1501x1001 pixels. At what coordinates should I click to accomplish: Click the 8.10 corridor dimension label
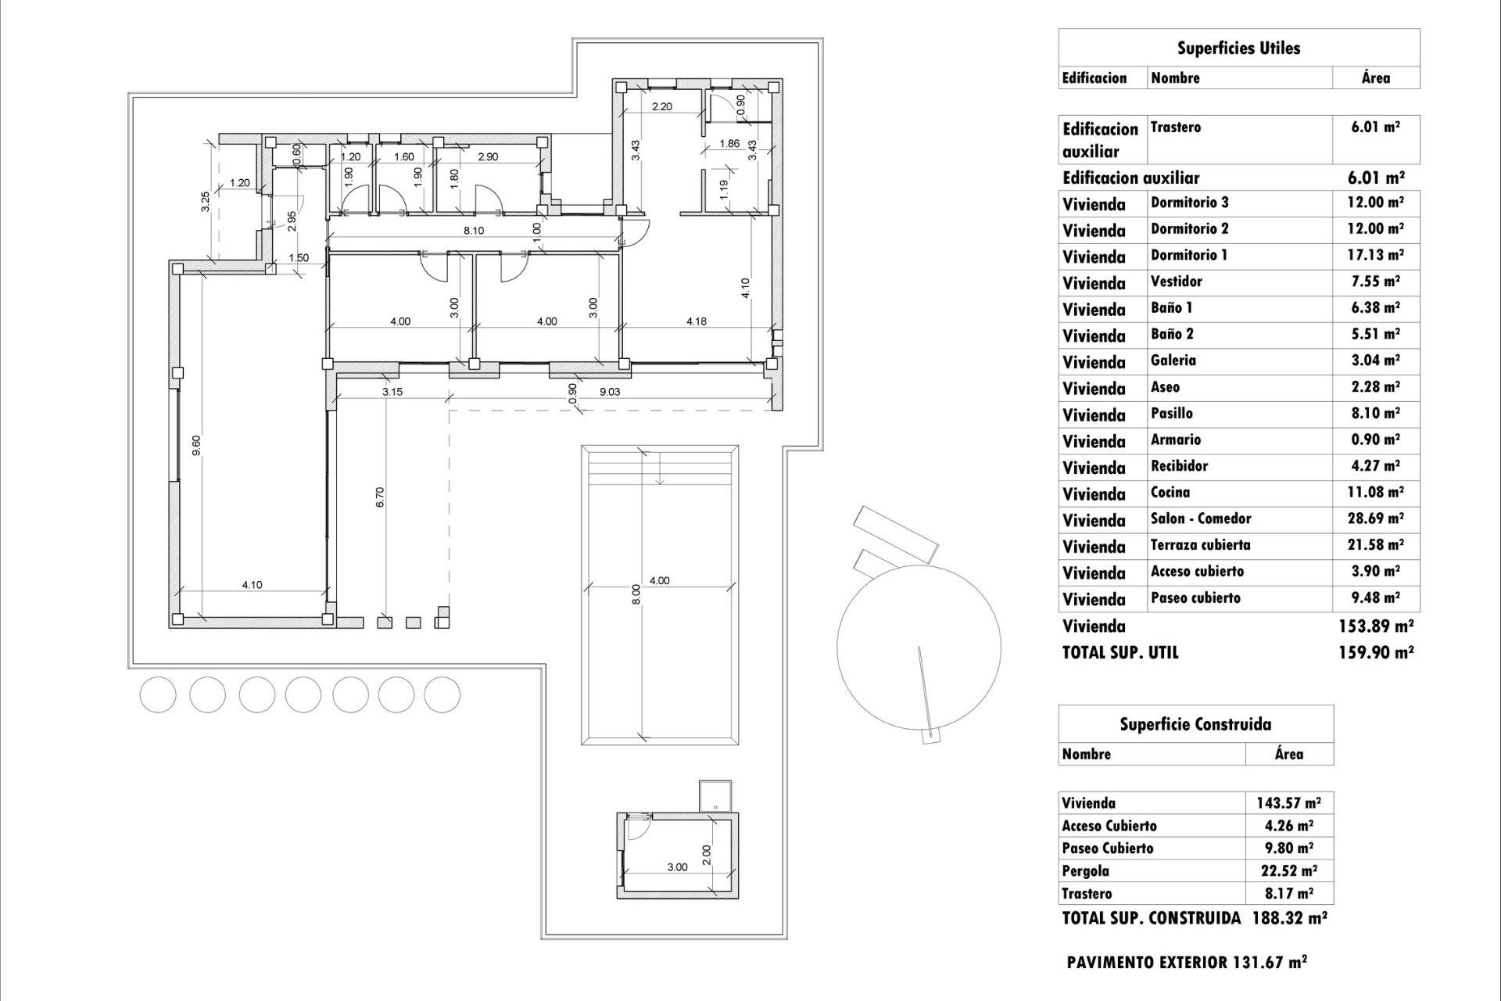click(474, 231)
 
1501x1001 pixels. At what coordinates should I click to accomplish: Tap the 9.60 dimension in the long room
click(197, 445)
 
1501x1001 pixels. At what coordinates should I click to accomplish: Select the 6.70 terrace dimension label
click(380, 497)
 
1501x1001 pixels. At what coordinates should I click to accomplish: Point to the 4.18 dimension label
click(696, 321)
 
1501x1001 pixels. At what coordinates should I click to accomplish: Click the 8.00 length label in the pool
click(636, 594)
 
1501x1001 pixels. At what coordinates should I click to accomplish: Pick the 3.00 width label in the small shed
click(677, 866)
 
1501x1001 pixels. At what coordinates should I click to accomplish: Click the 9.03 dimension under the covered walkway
click(609, 392)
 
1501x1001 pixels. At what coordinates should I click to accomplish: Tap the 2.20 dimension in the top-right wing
click(661, 106)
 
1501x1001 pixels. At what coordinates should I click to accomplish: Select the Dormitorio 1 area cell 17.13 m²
click(1376, 255)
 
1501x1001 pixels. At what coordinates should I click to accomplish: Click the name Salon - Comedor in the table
click(1201, 518)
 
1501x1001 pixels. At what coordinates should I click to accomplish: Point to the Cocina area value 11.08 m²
click(1376, 492)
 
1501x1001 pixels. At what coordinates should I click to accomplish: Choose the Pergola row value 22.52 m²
click(1289, 870)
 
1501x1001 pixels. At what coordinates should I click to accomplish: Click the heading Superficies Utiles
click(1238, 48)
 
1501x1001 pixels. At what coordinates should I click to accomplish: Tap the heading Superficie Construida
click(1195, 724)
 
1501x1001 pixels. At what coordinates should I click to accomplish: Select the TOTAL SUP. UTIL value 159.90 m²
click(1376, 652)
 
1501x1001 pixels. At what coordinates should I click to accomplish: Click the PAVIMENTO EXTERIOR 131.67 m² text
click(1187, 962)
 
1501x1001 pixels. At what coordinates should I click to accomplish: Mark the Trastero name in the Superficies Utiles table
click(1176, 127)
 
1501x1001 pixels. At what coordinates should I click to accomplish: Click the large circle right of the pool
click(919, 646)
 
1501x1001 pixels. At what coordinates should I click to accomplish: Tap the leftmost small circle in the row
click(159, 694)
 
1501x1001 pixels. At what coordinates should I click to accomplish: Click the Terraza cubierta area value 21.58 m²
click(1376, 544)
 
